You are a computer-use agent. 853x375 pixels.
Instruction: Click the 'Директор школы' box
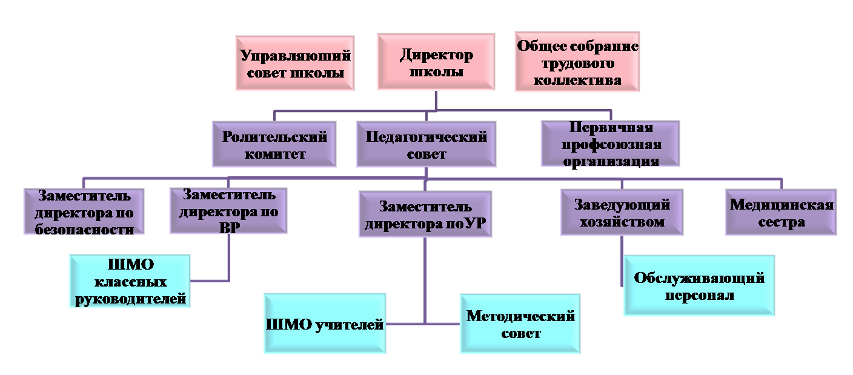[x=436, y=62]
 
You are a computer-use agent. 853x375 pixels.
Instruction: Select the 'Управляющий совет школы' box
[x=295, y=63]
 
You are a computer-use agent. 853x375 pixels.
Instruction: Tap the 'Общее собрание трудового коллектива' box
[x=577, y=62]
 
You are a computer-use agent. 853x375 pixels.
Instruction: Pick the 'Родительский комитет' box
[x=274, y=144]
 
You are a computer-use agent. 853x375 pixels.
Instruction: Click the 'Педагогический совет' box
[x=426, y=144]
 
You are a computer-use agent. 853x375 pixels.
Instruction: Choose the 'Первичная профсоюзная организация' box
[x=611, y=144]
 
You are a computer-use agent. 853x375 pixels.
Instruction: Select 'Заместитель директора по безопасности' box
[x=84, y=211]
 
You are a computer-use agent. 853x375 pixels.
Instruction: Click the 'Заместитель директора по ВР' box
[x=228, y=211]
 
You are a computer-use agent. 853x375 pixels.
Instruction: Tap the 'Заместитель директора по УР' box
[x=425, y=214]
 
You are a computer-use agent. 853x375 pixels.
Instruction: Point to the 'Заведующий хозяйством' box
[x=622, y=213]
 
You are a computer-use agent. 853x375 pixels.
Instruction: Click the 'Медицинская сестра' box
[x=781, y=213]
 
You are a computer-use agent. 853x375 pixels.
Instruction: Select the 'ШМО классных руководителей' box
[x=130, y=281]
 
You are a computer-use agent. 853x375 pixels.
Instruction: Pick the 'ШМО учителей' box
[x=325, y=324]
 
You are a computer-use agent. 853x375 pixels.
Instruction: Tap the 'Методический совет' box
[x=520, y=324]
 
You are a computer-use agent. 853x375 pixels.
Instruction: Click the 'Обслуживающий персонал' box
[x=699, y=285]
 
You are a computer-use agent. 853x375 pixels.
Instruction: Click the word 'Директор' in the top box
[x=436, y=55]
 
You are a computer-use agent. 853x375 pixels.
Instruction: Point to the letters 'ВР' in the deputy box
[x=229, y=228]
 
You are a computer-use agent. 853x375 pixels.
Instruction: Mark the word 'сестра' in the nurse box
[x=782, y=222]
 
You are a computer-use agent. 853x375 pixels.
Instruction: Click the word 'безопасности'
[x=84, y=229]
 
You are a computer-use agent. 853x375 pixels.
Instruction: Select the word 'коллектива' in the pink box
[x=577, y=81]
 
